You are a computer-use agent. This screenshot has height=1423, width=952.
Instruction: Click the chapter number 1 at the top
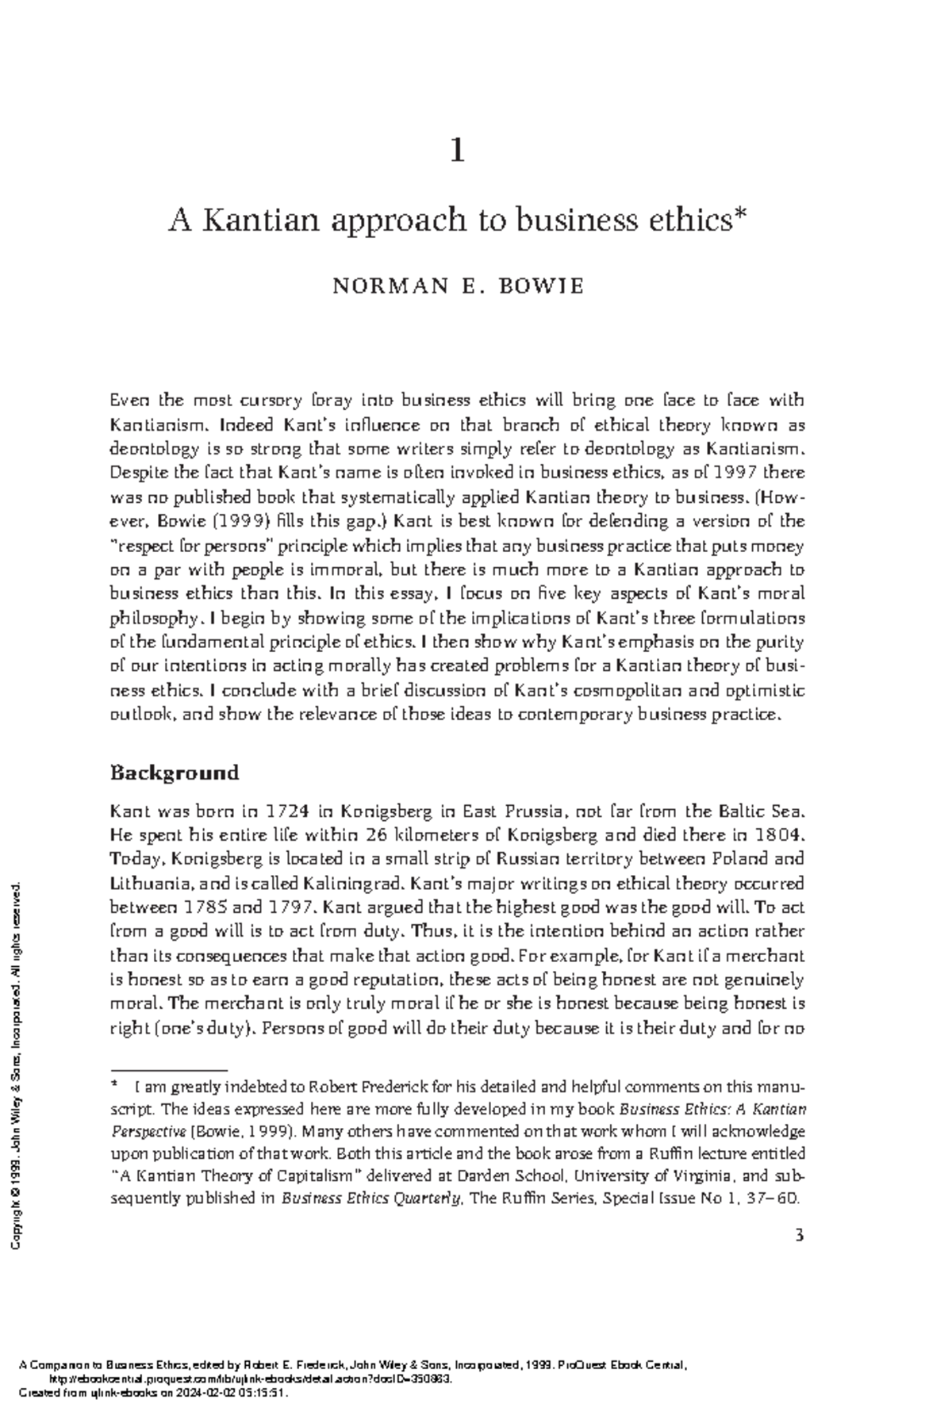pyautogui.click(x=457, y=150)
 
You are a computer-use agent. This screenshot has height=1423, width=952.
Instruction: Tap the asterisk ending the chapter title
pyautogui.click(x=740, y=217)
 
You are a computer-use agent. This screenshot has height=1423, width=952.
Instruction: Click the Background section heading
pyautogui.click(x=175, y=773)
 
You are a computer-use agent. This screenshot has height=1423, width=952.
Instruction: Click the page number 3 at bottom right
pyautogui.click(x=799, y=1235)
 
